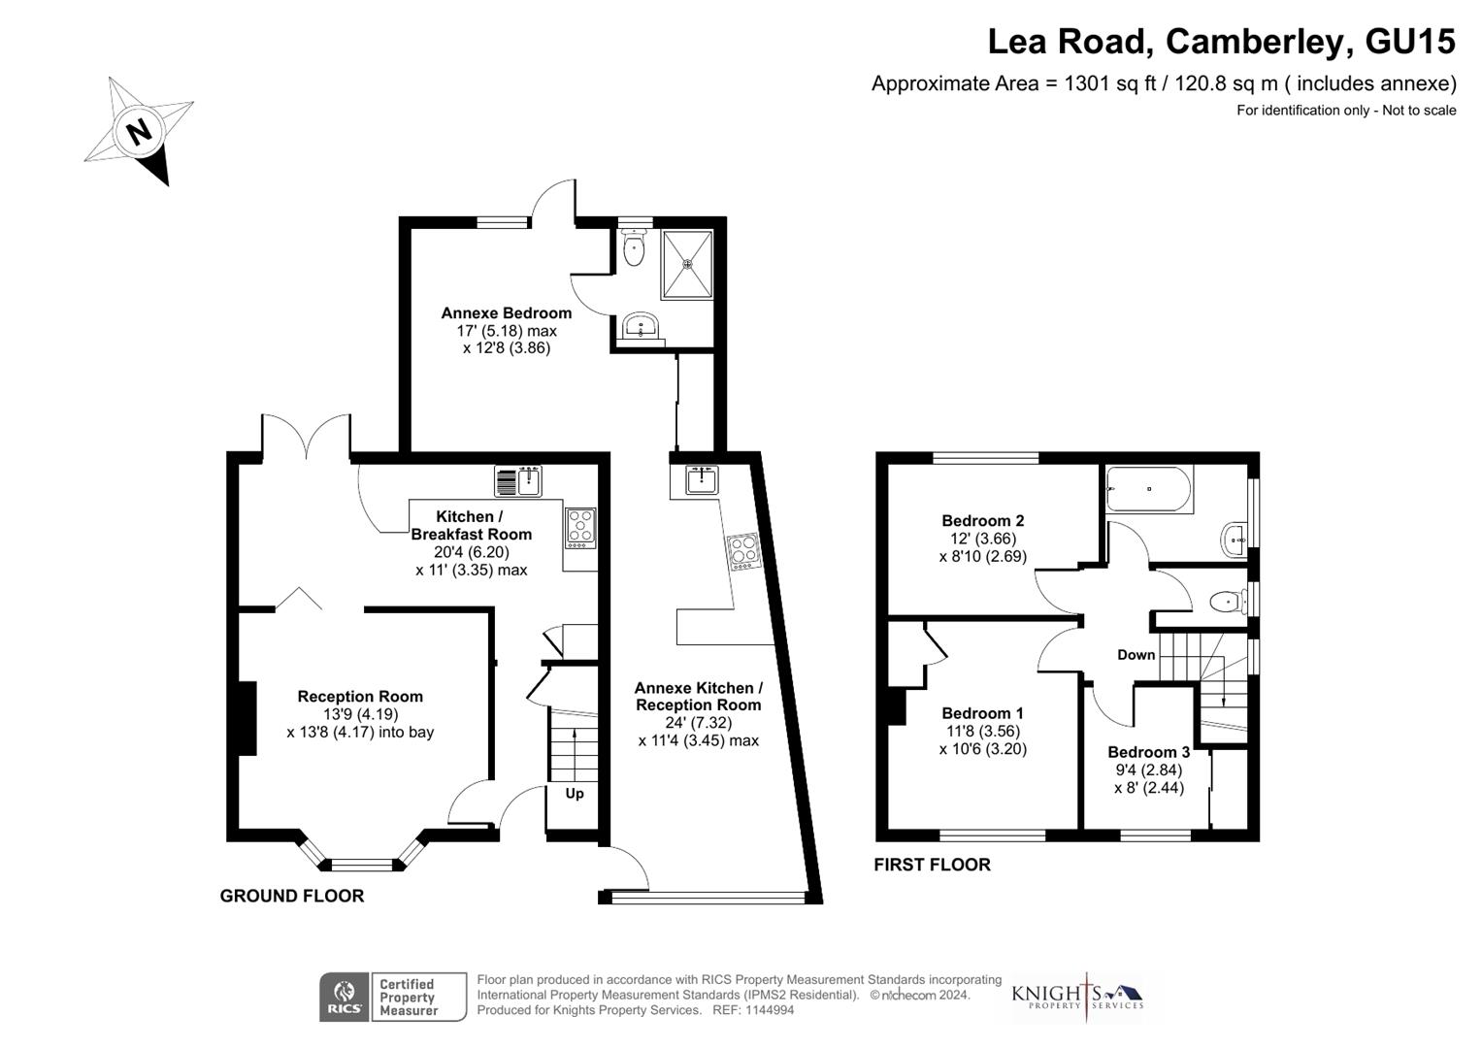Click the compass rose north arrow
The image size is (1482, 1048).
140,132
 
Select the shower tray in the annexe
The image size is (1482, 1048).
687,263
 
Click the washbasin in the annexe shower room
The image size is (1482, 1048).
640,326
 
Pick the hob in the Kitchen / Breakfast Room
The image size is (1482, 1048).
580,528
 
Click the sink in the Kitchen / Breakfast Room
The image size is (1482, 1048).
518,481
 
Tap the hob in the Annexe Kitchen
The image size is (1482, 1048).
743,552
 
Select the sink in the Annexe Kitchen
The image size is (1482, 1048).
702,479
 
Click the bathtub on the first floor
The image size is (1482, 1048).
1149,490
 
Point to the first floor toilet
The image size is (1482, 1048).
1228,603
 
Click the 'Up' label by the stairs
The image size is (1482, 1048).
575,794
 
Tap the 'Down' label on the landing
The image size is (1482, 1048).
1136,655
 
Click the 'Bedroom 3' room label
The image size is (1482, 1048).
1148,752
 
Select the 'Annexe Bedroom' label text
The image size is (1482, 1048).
506,313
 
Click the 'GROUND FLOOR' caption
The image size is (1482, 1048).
292,896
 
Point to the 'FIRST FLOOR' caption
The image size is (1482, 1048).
932,865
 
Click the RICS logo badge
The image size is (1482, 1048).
344,997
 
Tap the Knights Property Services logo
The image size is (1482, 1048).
1077,996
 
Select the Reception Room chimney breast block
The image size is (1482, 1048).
247,718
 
